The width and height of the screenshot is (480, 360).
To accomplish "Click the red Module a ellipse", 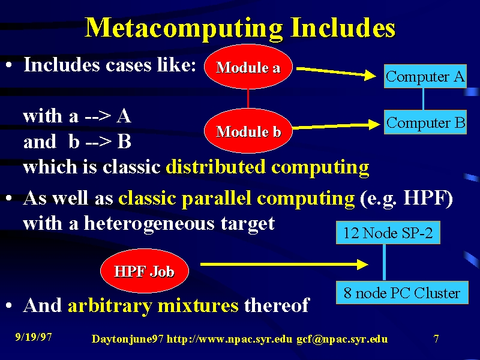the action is [x=248, y=67].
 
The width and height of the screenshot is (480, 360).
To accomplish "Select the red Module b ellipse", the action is [x=248, y=131].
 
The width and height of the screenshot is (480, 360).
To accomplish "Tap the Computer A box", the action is [x=425, y=76].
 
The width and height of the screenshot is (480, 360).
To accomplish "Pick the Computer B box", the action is [x=425, y=122].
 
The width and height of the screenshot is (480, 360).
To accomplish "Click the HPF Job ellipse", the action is [x=145, y=271].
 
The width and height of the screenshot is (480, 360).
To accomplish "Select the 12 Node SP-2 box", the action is [x=388, y=233].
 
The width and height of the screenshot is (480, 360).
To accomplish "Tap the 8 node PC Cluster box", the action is [x=402, y=292].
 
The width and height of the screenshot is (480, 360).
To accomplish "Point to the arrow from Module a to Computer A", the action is [x=336, y=72].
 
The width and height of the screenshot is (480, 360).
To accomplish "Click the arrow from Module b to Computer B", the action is [x=336, y=126].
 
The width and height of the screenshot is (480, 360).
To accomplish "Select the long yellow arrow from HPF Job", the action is [x=284, y=264].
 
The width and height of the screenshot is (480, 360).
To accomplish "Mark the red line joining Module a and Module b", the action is [x=248, y=98].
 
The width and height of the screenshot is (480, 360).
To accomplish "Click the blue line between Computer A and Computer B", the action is [x=423, y=99].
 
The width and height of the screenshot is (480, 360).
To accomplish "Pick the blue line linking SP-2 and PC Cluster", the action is [x=384, y=262].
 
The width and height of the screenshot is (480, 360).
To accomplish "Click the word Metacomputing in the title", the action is [x=184, y=28].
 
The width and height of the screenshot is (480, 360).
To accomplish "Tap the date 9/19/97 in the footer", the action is [x=34, y=337].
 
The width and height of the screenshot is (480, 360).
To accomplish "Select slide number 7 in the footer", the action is [x=436, y=338].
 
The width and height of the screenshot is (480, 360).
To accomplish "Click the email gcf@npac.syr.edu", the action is [x=342, y=339].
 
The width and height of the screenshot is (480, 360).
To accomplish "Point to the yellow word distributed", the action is [x=215, y=167].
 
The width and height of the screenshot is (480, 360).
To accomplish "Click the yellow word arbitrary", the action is [x=109, y=306].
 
